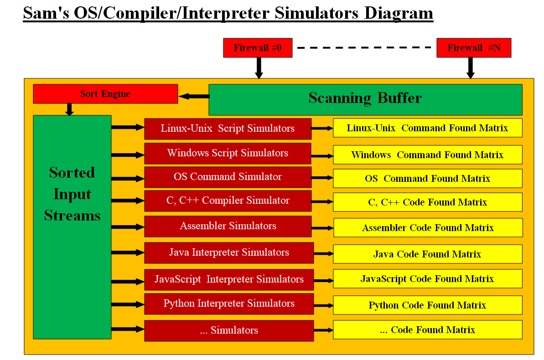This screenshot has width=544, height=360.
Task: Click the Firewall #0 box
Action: pyautogui.click(x=258, y=48)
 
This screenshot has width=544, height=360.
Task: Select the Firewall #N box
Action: pyautogui.click(x=474, y=48)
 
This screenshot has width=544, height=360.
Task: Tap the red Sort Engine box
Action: pyautogui.click(x=105, y=94)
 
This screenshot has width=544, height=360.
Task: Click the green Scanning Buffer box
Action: pyautogui.click(x=365, y=99)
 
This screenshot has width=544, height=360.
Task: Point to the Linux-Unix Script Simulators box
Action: pyautogui.click(x=228, y=129)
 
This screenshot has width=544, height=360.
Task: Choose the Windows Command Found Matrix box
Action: pyautogui.click(x=427, y=155)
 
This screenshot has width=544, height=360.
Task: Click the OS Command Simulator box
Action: pyautogui.click(x=228, y=177)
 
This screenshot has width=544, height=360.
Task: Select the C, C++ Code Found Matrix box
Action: pyautogui.click(x=427, y=202)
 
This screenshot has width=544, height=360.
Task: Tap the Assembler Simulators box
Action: pyautogui.click(x=228, y=226)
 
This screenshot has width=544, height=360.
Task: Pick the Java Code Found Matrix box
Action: pyautogui.click(x=427, y=254)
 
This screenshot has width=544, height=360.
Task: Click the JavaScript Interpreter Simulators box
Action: pyautogui.click(x=229, y=279)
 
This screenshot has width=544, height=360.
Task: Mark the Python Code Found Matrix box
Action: pyautogui.click(x=427, y=305)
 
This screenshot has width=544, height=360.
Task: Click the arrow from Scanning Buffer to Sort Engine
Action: pyautogui.click(x=194, y=96)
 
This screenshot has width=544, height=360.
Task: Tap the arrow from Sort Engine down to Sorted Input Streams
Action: pyautogui.click(x=69, y=109)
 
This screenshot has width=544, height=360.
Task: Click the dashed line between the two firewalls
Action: pyautogui.click(x=364, y=47)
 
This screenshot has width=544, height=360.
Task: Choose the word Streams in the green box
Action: pyautogui.click(x=72, y=216)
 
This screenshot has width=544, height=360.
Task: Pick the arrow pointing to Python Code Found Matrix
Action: pyautogui.click(x=323, y=306)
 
